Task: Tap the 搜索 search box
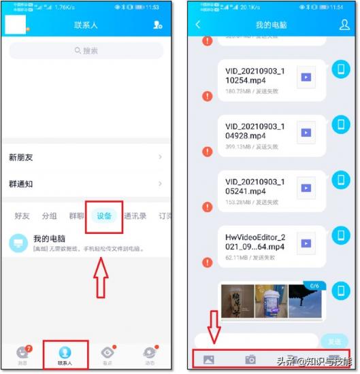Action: coord(86,50)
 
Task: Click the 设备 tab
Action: coord(104,216)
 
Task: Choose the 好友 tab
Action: coord(23,216)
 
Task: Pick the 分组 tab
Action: coord(49,216)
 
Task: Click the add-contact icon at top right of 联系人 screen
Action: coord(158,25)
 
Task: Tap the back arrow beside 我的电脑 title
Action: coord(198,25)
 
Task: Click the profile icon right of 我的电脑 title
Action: coord(344,25)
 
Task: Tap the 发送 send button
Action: coord(334,341)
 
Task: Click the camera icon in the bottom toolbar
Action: coord(250,360)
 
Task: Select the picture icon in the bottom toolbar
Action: coord(208,360)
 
